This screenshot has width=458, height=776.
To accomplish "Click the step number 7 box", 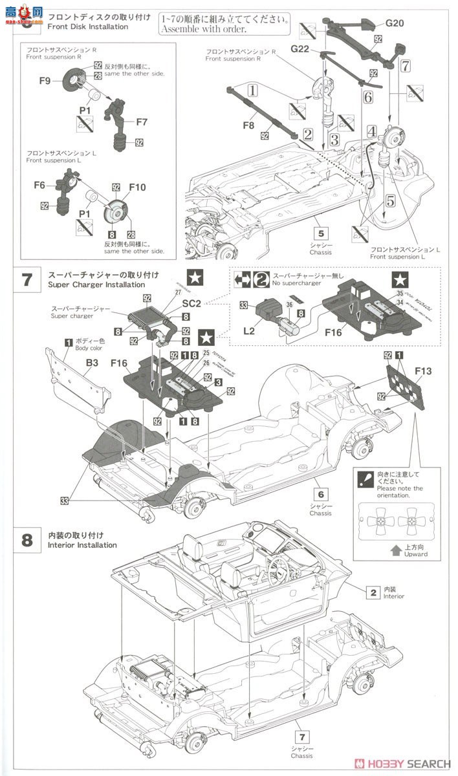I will coord(27,279).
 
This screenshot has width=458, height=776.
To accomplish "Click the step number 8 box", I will coord(27,539).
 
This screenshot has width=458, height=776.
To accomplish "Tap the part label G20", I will coord(394,23).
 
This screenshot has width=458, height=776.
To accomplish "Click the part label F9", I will coord(45,81).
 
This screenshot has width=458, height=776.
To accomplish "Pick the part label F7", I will coord(142,121).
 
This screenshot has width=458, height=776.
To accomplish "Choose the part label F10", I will coord(137,187).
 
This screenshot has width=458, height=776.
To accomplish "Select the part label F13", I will coord(424,371).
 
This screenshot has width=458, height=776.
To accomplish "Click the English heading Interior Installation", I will coord(82,545).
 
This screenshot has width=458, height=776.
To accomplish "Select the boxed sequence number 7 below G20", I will coord(405,66).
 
